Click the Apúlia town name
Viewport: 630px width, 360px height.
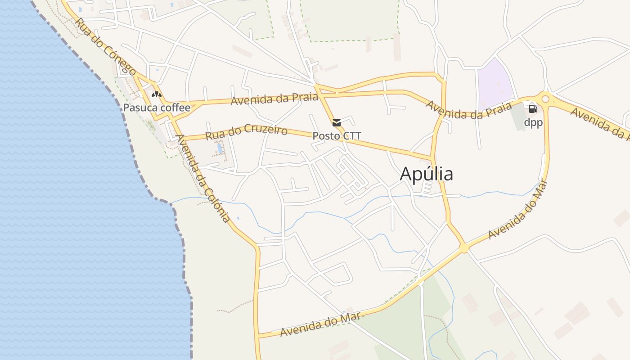(x=426, y=174)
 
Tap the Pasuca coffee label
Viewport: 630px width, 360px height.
(x=157, y=108)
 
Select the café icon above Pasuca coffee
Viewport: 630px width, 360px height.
(x=156, y=94)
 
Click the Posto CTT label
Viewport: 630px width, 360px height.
(x=337, y=135)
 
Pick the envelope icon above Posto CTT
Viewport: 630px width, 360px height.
(x=336, y=122)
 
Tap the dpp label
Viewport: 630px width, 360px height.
(x=533, y=122)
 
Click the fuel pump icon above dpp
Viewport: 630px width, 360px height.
(x=533, y=108)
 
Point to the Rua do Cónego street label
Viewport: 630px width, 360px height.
(x=106, y=47)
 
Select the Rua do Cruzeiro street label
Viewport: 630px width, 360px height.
(x=246, y=132)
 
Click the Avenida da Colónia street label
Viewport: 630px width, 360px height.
(x=204, y=179)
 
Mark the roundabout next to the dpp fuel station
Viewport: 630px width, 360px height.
(x=545, y=98)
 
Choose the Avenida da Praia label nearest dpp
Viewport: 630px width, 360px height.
(x=468, y=110)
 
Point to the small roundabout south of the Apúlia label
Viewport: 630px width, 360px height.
(x=463, y=247)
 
